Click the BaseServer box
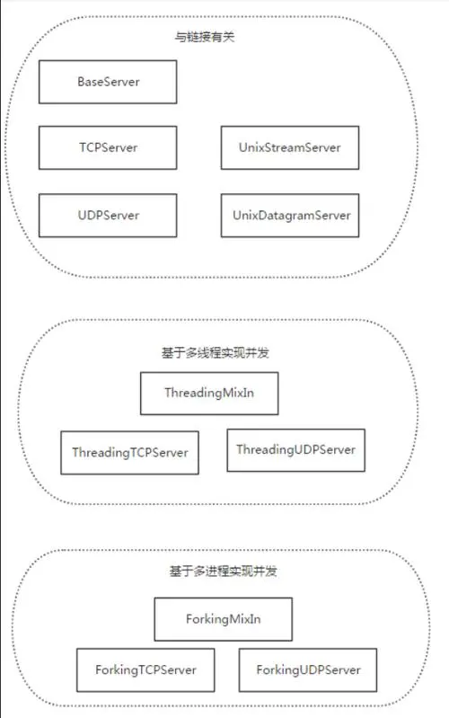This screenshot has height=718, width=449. tap(108, 82)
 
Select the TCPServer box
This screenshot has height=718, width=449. tap(108, 148)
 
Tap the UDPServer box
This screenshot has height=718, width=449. tap(108, 216)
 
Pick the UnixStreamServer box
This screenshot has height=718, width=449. tap(290, 148)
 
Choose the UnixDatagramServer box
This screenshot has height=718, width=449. tap(290, 216)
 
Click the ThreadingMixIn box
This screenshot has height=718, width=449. tap(209, 394)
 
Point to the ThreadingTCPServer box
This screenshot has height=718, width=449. tap(130, 452)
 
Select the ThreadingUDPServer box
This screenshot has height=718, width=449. tap(296, 450)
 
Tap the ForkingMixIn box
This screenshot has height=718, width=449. tap(224, 619)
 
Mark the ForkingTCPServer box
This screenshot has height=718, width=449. tap(145, 669)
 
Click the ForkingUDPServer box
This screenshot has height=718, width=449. tap(308, 669)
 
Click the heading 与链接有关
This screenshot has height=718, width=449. tap(205, 37)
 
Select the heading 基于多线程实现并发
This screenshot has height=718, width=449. tap(216, 352)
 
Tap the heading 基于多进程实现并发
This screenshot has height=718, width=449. tap(223, 571)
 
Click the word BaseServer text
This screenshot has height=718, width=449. tap(109, 82)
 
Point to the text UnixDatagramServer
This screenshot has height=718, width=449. tap(292, 216)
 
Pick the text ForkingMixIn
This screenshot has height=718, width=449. tap(224, 619)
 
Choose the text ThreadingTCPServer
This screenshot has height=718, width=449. tap(130, 453)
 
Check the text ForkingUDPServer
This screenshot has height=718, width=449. tap(309, 669)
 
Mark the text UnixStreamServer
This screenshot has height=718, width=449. tap(290, 148)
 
